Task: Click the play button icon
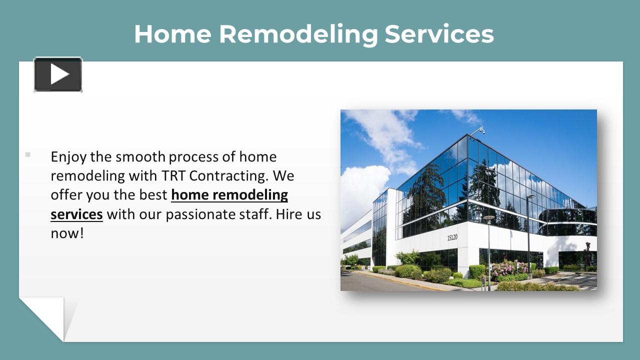coord(58,74)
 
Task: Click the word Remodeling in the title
coord(298,34)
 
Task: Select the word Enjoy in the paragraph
coord(69,157)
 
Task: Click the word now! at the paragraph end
coord(67,233)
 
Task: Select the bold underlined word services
coord(76,214)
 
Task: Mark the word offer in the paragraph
coord(66,195)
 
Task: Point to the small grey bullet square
coord(27,154)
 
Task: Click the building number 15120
coord(451,237)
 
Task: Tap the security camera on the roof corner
coord(480,130)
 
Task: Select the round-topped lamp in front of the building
coord(488,218)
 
